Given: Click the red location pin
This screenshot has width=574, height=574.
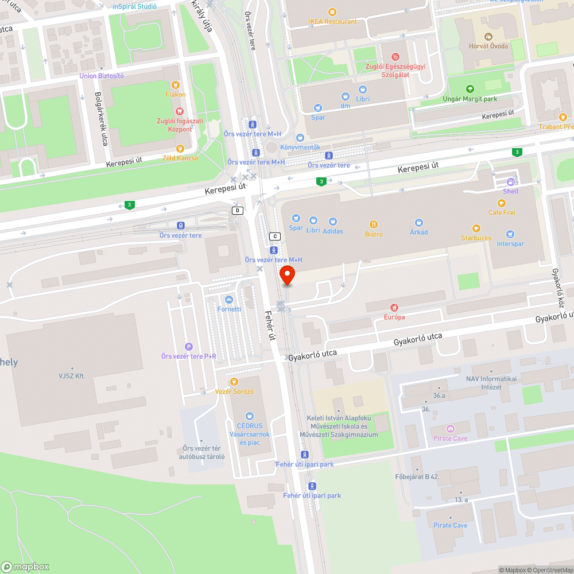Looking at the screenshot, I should click(287, 274).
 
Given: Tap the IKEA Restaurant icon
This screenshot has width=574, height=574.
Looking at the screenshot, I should click(332, 11).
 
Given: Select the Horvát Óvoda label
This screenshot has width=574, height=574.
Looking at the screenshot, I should click(488, 46).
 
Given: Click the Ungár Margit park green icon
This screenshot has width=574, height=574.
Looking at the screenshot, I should click(470, 89).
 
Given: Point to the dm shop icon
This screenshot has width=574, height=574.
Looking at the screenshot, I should click(346, 97).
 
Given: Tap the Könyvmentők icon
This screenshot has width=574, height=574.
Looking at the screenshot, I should click(300, 138).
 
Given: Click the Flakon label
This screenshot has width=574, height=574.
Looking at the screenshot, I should click(176, 94).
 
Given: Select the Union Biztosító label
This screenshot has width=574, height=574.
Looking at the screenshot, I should click(102, 76).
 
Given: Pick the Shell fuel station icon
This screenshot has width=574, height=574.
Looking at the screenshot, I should click(510, 182).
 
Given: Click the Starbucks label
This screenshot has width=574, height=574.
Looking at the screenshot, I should click(476, 238).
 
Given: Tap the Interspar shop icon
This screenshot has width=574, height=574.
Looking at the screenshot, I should click(510, 234).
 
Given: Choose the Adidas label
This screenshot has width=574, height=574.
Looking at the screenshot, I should click(333, 231).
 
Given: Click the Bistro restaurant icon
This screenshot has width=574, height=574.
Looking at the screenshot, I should click(374, 224).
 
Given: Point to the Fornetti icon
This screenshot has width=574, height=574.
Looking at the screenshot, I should click(229, 300).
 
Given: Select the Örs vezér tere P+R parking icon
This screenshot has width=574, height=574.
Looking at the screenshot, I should click(188, 346).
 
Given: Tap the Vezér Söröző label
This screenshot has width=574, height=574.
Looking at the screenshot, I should click(234, 391).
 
